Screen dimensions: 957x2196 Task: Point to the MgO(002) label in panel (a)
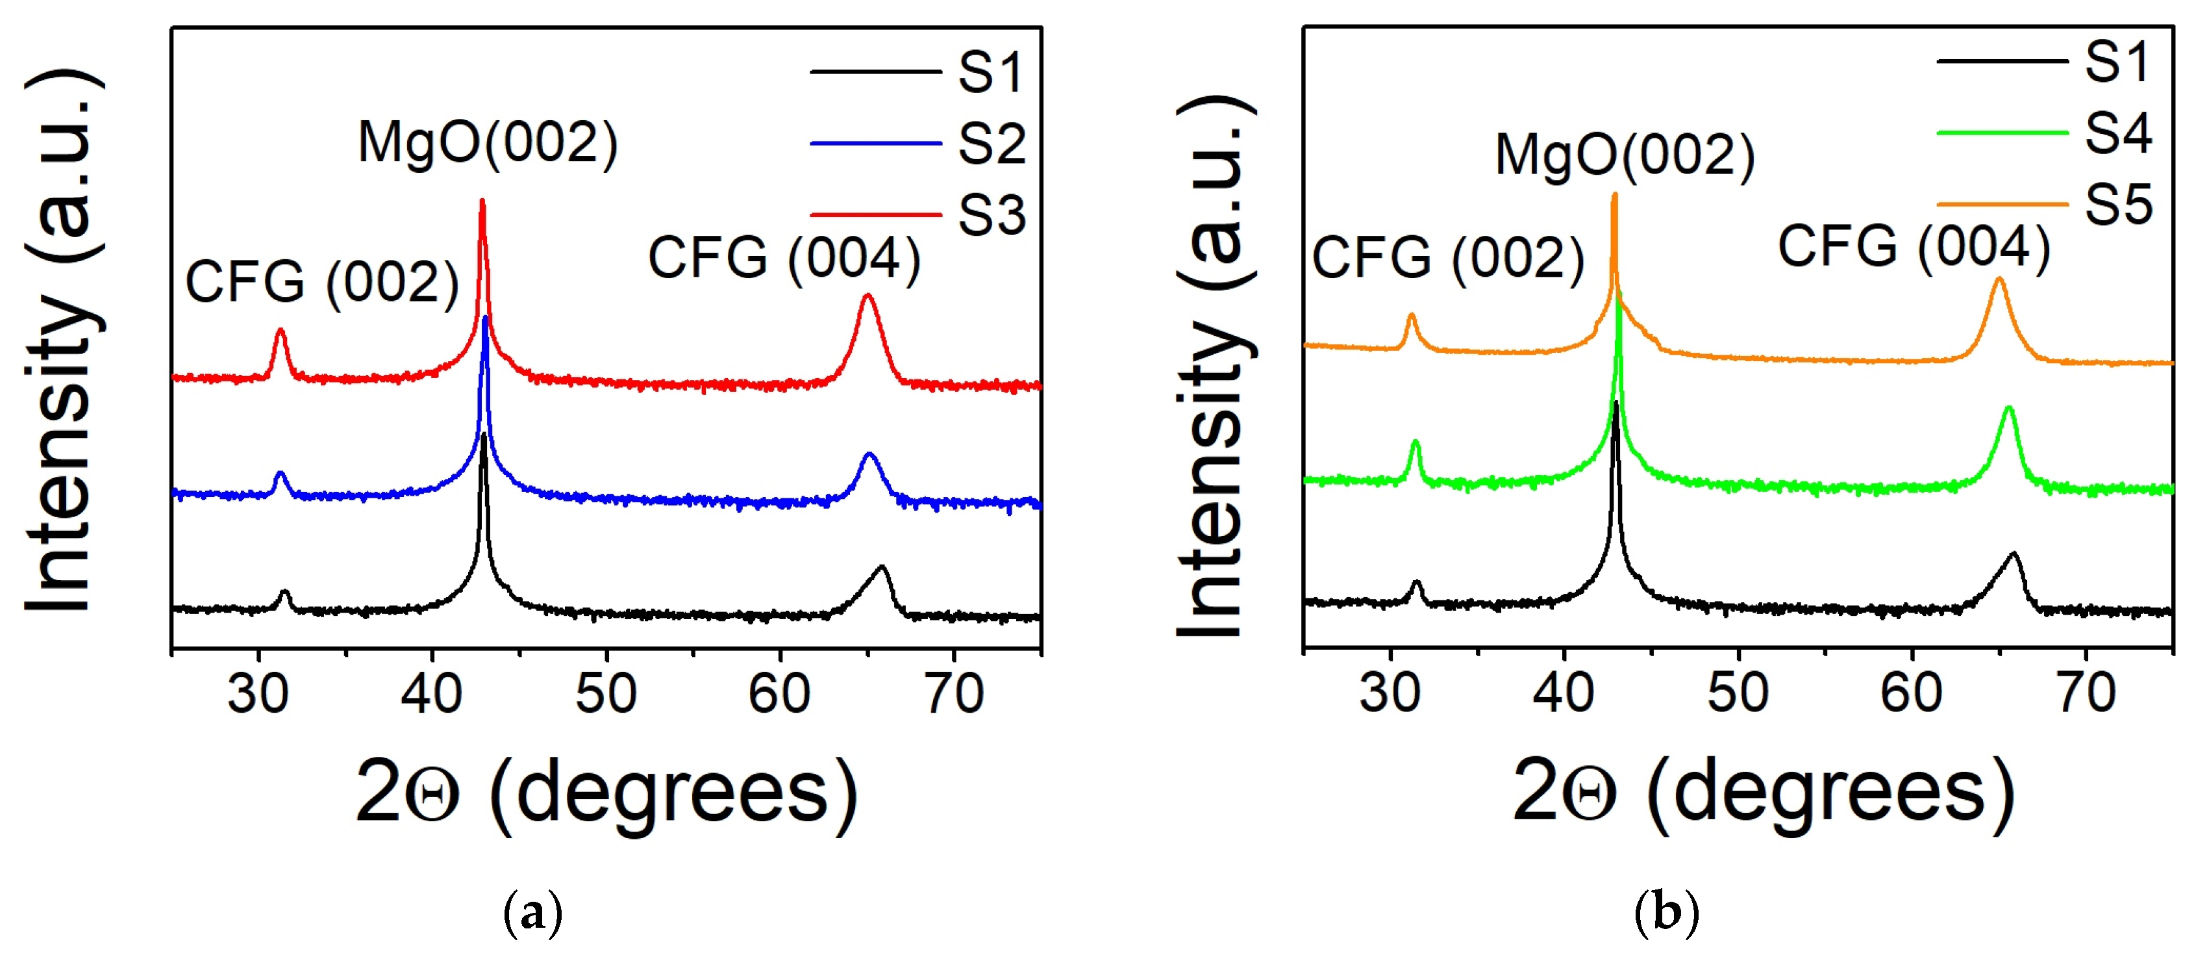(x=488, y=142)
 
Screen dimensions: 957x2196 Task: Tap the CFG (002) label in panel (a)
(x=322, y=283)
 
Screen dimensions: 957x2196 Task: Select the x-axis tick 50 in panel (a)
(x=606, y=693)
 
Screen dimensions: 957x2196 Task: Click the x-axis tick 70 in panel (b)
(x=2086, y=693)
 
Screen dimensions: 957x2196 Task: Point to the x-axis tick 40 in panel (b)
(x=1564, y=693)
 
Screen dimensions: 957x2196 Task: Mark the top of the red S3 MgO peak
(x=482, y=202)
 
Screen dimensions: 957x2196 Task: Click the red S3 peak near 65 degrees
(x=868, y=297)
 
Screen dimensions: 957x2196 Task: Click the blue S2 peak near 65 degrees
(x=869, y=455)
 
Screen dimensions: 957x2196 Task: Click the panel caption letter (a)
(x=534, y=913)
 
